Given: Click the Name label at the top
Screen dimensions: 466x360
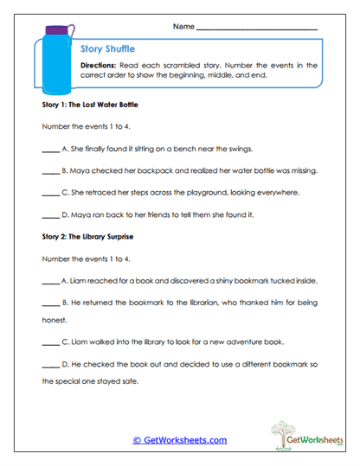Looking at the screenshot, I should point(183,27).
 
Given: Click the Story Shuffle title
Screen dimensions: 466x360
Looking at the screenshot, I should point(107,49).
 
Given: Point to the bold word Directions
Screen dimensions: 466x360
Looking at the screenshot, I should point(100,66).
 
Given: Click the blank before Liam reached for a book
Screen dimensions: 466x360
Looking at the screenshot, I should point(50,282).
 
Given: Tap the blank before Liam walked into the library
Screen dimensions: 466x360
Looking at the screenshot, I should point(50,340).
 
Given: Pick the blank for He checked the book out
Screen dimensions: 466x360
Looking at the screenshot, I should point(50,362).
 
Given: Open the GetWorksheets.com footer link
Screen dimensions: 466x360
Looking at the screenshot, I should point(179,440).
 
